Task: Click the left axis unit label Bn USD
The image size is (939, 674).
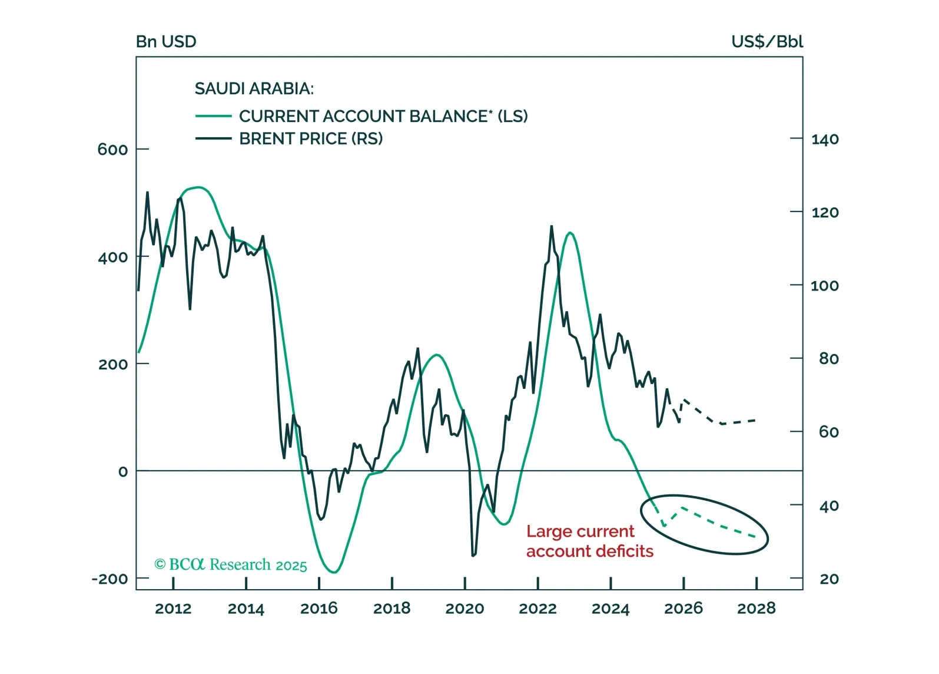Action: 166,42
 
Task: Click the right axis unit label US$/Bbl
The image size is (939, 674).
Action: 767,42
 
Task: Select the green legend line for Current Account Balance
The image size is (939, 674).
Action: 213,117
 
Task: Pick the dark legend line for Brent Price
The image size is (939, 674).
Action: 213,139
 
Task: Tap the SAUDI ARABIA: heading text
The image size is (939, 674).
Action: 254,89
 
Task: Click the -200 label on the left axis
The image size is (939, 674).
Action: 110,579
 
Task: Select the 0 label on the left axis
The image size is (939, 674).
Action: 122,472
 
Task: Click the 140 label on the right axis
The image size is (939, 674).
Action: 825,140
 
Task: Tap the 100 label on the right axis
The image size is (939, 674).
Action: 825,286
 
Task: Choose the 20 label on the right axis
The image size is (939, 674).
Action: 829,579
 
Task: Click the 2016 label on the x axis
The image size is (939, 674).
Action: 319,609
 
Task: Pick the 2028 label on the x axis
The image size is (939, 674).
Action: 756,609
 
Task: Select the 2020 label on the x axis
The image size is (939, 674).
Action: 464,609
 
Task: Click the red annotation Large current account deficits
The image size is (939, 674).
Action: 589,541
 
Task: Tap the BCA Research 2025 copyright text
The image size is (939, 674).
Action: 231,565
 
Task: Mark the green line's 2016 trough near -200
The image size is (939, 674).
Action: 334,572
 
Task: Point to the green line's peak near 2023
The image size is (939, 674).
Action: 570,233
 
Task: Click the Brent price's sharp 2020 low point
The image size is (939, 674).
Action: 473,556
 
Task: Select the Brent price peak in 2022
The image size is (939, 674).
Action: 552,226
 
